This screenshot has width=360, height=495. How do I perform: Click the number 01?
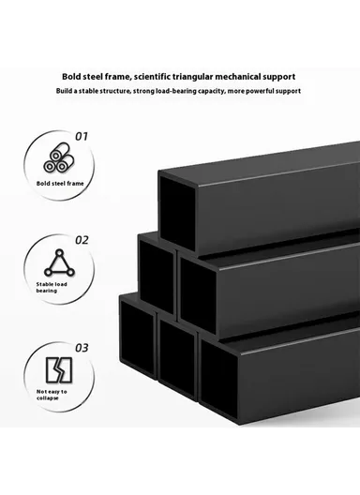82,136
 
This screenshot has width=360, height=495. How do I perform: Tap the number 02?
82,239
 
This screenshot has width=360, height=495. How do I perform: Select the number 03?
82,348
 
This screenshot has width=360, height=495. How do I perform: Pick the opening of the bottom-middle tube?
176,357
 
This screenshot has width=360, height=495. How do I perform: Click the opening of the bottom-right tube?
221,382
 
